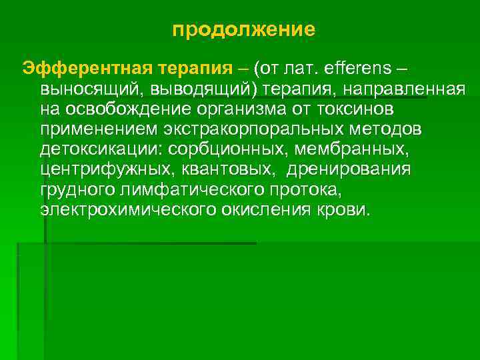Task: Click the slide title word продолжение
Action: pos(243,30)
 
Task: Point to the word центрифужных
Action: pos(105,171)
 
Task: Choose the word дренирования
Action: pos(349,171)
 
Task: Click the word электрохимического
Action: pos(127,211)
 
